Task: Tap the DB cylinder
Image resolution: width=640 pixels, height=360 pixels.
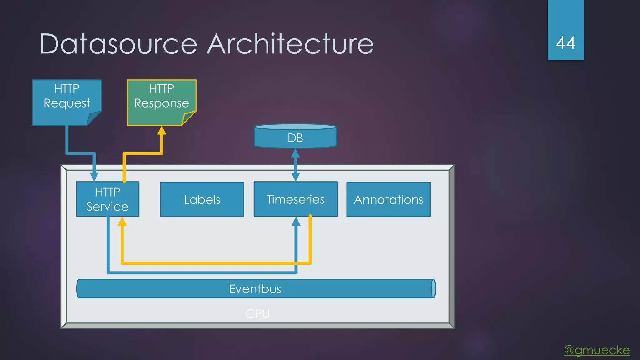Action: pyautogui.click(x=295, y=137)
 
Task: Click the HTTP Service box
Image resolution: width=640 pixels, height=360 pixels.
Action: pyautogui.click(x=107, y=199)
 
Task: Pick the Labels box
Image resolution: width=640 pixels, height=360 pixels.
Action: pyautogui.click(x=202, y=199)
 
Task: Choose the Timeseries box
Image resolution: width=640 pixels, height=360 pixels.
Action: pyautogui.click(x=296, y=199)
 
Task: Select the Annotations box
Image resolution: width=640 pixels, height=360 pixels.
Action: pyautogui.click(x=388, y=199)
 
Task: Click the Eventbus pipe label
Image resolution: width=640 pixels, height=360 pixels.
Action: pyautogui.click(x=255, y=289)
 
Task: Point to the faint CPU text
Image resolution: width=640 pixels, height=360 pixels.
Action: pyautogui.click(x=257, y=314)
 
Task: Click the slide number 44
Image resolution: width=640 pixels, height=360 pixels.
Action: pyautogui.click(x=566, y=43)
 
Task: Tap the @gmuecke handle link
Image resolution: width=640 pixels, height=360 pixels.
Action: pyautogui.click(x=597, y=350)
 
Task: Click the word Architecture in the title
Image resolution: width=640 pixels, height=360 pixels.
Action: pyautogui.click(x=290, y=44)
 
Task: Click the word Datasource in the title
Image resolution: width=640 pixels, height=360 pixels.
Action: pyautogui.click(x=118, y=44)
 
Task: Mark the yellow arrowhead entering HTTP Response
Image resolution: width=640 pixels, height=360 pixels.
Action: pyautogui.click(x=162, y=130)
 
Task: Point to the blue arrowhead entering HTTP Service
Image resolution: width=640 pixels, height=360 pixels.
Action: pyautogui.click(x=94, y=177)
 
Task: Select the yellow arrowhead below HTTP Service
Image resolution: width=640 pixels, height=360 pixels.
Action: pyautogui.click(x=122, y=222)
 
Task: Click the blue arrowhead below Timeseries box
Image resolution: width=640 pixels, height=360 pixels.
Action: pyautogui.click(x=296, y=222)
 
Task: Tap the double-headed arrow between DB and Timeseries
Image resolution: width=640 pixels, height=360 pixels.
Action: pyautogui.click(x=295, y=165)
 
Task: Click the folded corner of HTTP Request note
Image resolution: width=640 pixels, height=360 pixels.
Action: pyautogui.click(x=93, y=119)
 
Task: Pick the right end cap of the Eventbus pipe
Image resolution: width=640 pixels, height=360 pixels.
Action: pyautogui.click(x=433, y=289)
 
